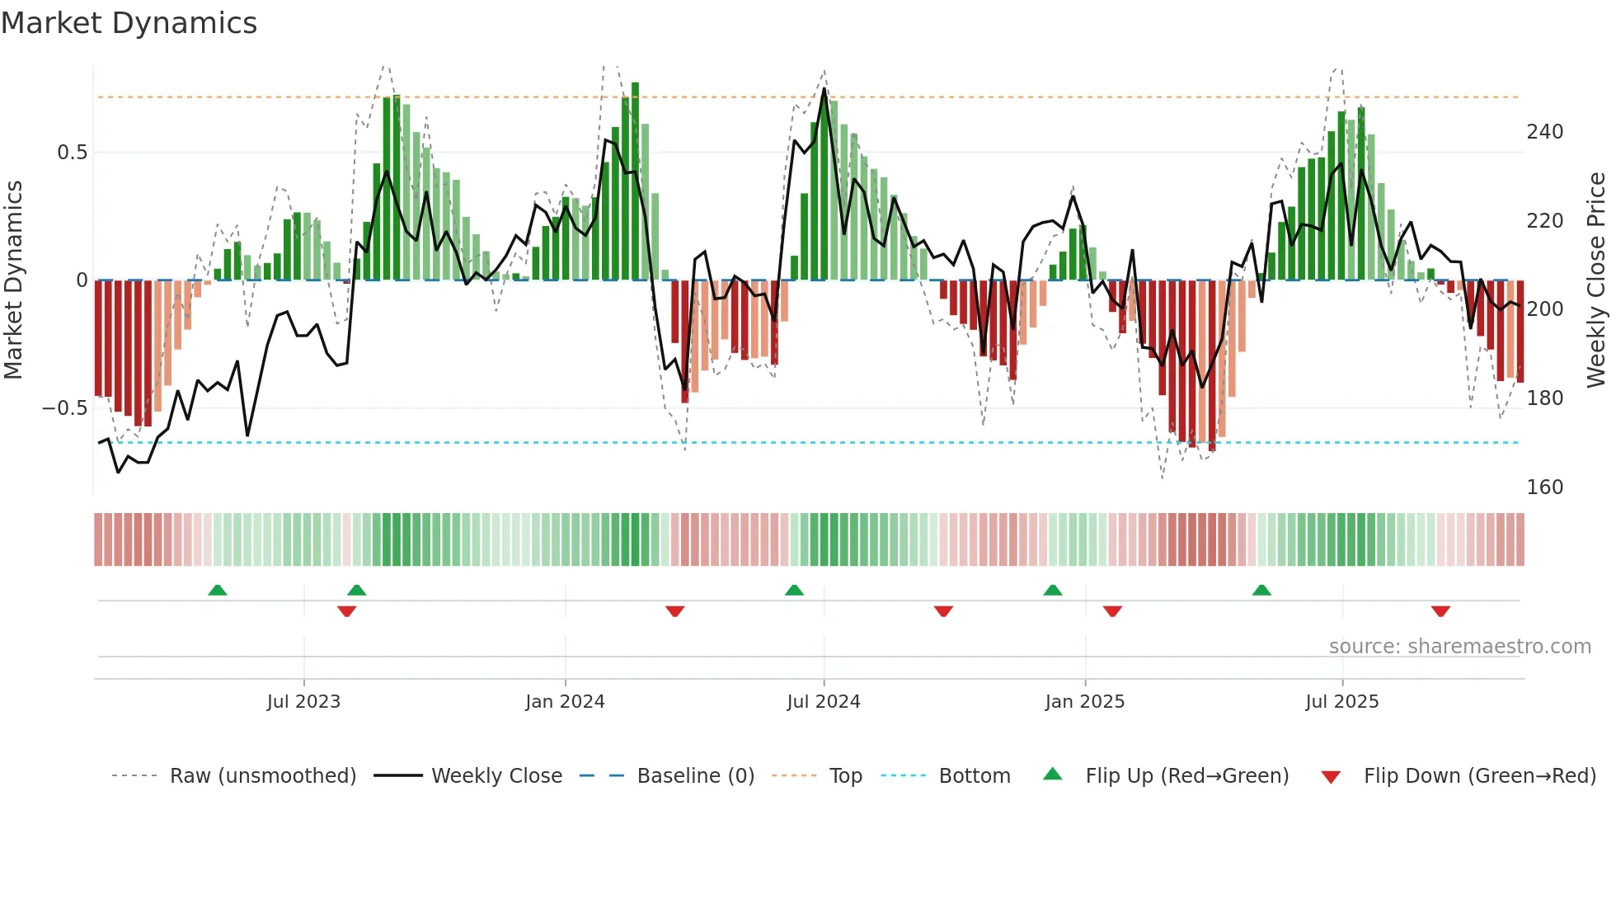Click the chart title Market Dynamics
(129, 23)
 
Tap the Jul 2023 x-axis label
(303, 702)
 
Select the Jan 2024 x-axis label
(565, 702)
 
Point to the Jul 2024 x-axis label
(823, 702)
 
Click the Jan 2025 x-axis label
(1084, 702)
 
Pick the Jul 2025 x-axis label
(1341, 702)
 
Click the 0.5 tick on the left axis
(72, 153)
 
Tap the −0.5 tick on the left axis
(64, 408)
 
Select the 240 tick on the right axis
(1544, 132)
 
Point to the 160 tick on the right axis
(1544, 487)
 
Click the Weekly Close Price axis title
(1596, 280)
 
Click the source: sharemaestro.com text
(1459, 647)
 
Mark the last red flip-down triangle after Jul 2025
(1440, 611)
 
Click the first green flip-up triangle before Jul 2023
(217, 591)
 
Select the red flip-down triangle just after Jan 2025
(1112, 611)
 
